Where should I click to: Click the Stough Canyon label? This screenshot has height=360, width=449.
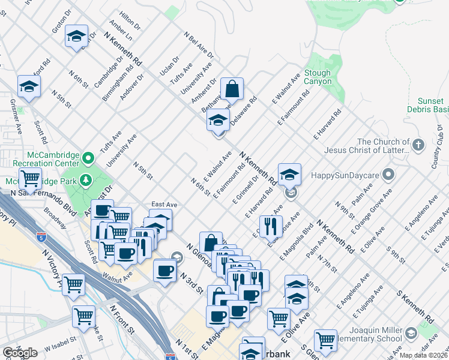click(x=318, y=77)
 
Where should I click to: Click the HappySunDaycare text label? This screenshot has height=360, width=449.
click(x=346, y=175)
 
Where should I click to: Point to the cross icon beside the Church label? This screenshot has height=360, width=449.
click(x=418, y=145)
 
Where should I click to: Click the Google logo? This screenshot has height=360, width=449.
click(x=20, y=353)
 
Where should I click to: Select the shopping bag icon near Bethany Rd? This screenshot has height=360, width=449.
click(x=232, y=89)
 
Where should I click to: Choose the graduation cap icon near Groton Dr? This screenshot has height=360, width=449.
click(x=77, y=35)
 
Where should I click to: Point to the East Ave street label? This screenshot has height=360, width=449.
click(x=163, y=204)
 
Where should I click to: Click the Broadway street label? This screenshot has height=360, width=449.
click(x=55, y=218)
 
